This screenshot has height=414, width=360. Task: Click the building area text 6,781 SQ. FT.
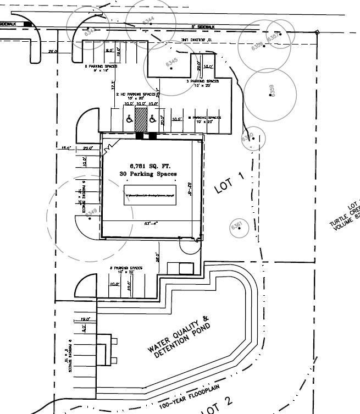coord(148,165)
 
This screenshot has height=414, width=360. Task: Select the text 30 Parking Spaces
coord(148,174)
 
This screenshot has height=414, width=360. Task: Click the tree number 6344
coord(148,20)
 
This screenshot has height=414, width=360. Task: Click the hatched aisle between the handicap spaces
coord(141,119)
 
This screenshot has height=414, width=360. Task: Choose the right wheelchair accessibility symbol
coord(153,119)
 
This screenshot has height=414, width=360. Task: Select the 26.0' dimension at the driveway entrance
coord(53,52)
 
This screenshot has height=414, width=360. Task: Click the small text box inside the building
coord(149,196)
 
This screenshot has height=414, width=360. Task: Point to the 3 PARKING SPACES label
coord(202,81)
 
